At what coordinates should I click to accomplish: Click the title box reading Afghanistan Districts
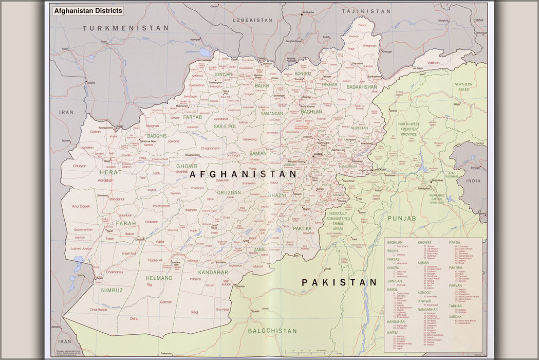(88, 10)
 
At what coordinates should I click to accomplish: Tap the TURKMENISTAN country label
(126, 28)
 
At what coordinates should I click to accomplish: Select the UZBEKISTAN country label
(252, 20)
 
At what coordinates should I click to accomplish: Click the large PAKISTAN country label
(339, 282)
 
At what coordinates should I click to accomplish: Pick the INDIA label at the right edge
(473, 181)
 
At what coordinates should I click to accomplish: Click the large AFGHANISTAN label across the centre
(244, 174)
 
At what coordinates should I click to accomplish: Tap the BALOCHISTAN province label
(272, 331)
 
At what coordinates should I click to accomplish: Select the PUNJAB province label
(402, 219)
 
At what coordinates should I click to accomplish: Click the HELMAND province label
(159, 278)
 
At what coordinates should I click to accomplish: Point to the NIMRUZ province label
(112, 290)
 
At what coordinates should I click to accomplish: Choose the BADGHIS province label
(157, 136)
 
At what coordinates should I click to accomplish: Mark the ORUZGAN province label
(229, 193)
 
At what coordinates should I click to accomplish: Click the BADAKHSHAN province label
(362, 87)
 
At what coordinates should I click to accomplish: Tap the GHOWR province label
(187, 166)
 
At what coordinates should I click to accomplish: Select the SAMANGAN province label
(271, 113)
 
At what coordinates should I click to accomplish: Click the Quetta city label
(255, 311)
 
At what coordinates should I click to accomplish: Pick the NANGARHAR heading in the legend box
(428, 310)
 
